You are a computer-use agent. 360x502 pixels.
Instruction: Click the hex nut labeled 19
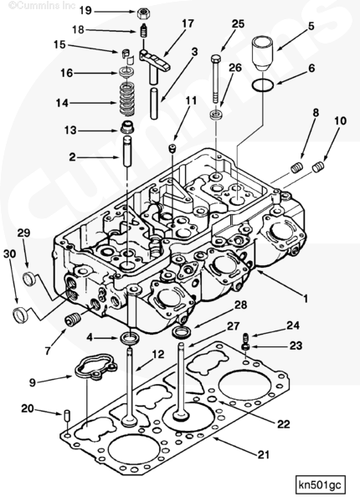[142, 13]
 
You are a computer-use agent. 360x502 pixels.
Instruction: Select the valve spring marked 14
[126, 99]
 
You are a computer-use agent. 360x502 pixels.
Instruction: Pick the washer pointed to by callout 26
[216, 114]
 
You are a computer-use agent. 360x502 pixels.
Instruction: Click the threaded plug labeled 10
[318, 167]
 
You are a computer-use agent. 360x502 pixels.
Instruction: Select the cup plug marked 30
[20, 315]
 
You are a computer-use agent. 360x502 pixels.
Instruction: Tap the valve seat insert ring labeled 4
[130, 337]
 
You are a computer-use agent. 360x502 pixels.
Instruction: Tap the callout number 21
[263, 454]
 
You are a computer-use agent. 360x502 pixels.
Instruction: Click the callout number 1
[305, 299]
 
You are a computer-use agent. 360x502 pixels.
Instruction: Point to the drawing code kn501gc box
[321, 484]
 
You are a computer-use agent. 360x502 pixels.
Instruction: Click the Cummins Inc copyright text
[42, 6]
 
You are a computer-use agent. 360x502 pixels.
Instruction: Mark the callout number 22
[283, 424]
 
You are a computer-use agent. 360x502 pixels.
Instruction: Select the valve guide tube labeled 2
[127, 151]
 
